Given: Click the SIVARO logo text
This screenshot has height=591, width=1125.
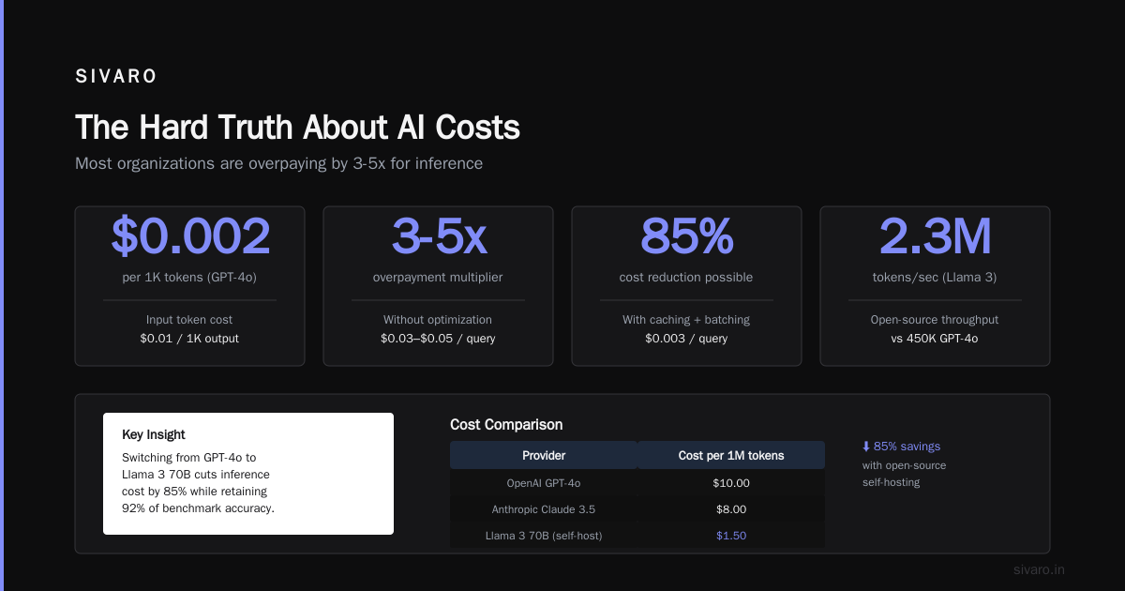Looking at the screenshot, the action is pyautogui.click(x=116, y=76).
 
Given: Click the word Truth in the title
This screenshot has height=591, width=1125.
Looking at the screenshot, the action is pyautogui.click(x=255, y=127).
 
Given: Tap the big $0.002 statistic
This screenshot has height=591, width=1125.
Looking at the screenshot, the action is pyautogui.click(x=190, y=235).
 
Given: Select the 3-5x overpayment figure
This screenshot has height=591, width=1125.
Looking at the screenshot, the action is pyautogui.click(x=439, y=235).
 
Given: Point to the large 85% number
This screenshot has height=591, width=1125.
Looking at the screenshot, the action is pyautogui.click(x=686, y=235).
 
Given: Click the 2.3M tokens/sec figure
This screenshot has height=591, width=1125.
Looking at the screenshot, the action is pyautogui.click(x=936, y=235).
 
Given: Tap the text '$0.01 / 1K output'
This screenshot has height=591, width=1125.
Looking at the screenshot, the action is pyautogui.click(x=189, y=339).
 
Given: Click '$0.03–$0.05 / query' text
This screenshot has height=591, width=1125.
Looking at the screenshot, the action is pyautogui.click(x=438, y=339).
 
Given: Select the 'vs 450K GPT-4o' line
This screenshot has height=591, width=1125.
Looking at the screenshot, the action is pyautogui.click(x=935, y=339).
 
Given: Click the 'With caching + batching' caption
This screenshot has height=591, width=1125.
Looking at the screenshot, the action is pyautogui.click(x=686, y=320).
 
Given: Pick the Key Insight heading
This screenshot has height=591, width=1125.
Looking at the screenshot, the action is pyautogui.click(x=153, y=434).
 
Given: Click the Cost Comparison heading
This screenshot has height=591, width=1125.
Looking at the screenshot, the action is pyautogui.click(x=506, y=425).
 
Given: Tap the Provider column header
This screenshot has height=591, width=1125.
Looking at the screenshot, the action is pyautogui.click(x=544, y=455).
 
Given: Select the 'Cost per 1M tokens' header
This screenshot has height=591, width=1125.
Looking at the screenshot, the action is pyautogui.click(x=731, y=455).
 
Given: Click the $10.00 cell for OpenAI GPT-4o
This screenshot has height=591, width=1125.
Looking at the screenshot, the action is pyautogui.click(x=731, y=483).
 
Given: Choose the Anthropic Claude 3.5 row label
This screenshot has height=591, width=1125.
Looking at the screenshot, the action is pyautogui.click(x=544, y=509).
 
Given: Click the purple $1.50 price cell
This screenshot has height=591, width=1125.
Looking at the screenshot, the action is pyautogui.click(x=731, y=536).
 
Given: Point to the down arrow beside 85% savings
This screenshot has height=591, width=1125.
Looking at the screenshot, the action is pyautogui.click(x=866, y=447).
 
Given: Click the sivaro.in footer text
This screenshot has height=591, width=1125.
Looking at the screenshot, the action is pyautogui.click(x=1039, y=569).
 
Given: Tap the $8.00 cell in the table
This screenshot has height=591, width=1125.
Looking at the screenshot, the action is pyautogui.click(x=731, y=509).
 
